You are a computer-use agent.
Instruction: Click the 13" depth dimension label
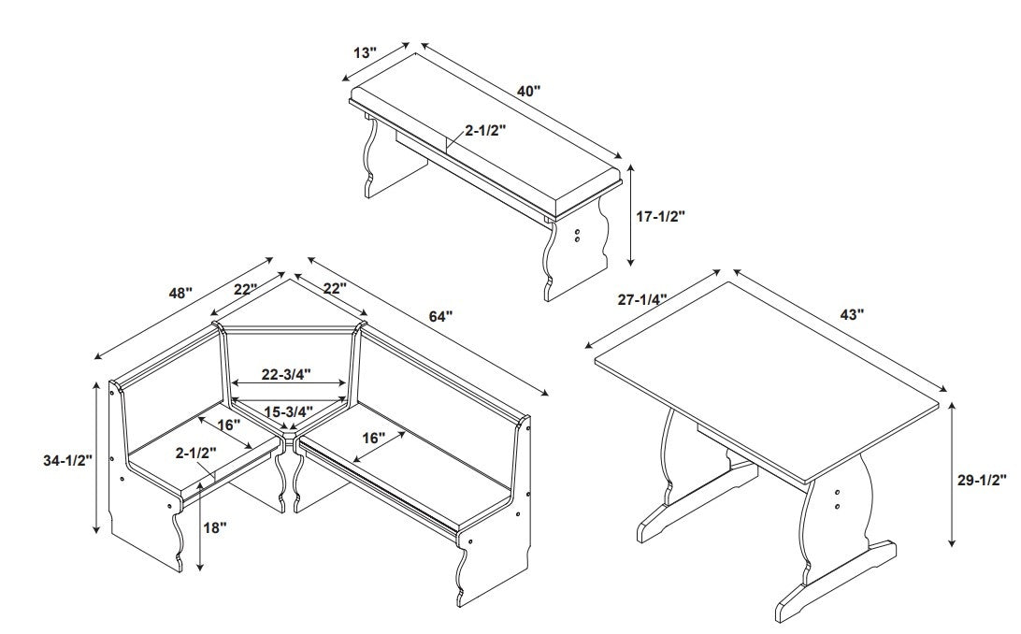[366, 52]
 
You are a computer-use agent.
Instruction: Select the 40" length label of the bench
[529, 91]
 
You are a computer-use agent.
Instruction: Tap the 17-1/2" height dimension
[661, 216]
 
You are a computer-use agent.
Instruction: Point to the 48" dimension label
[181, 293]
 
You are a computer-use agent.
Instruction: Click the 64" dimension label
[440, 316]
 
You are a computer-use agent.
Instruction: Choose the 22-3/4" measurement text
[286, 374]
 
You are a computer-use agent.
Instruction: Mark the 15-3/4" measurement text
[289, 411]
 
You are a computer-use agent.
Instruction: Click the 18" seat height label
[214, 527]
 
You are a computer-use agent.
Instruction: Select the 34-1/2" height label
[67, 460]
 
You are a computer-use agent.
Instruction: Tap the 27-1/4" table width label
[642, 299]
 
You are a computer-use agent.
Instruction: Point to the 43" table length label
[852, 314]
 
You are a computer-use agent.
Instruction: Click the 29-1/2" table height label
[982, 481]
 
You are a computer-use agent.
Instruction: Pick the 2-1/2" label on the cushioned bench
[486, 130]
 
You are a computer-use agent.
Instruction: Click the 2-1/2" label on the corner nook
[196, 453]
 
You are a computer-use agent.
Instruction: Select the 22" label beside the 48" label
[246, 289]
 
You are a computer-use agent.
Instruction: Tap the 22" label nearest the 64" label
[334, 287]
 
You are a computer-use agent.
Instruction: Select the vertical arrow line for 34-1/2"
[97, 458]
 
